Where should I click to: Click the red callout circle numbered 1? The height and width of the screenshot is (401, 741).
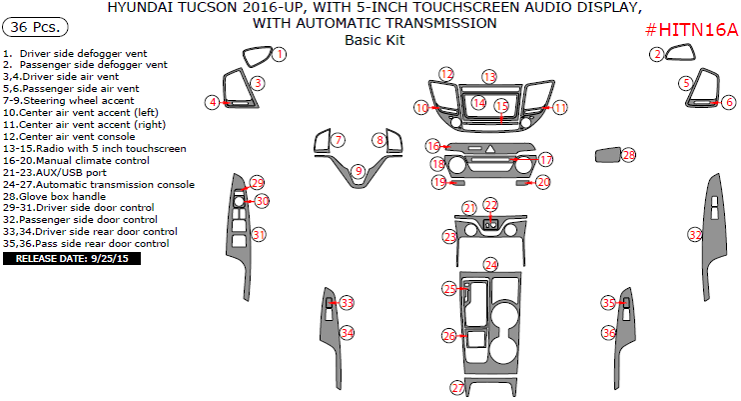(x=280, y=54)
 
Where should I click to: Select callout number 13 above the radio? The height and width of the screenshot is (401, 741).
(x=488, y=77)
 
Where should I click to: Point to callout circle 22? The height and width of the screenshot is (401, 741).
(x=490, y=205)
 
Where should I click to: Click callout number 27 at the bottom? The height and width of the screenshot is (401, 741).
(x=457, y=388)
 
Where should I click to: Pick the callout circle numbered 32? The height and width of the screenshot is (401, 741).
(x=695, y=235)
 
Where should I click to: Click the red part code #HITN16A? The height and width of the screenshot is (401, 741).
(x=689, y=31)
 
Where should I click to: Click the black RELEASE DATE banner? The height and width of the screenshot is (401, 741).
(x=73, y=259)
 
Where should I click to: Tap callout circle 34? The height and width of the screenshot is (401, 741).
(x=347, y=332)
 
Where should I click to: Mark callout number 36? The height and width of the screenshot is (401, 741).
(x=608, y=332)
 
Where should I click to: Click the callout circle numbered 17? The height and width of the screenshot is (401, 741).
(x=545, y=160)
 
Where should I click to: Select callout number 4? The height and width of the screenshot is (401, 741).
(x=213, y=102)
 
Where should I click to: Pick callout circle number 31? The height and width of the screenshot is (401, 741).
(x=259, y=235)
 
